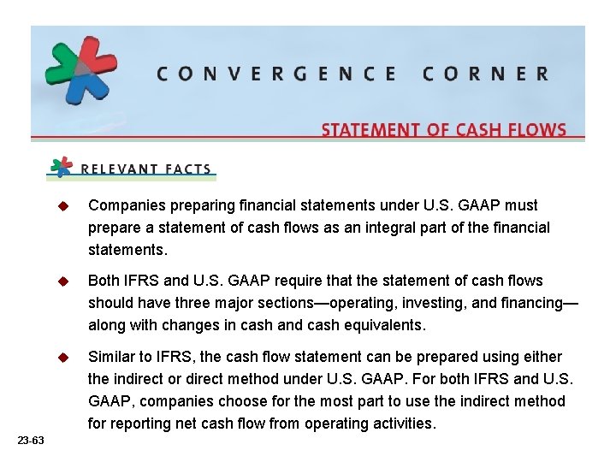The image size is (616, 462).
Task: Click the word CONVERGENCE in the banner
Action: (276, 74)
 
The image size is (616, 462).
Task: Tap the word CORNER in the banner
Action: (485, 74)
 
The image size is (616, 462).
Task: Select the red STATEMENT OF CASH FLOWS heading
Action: (443, 130)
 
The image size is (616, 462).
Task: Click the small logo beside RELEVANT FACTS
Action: (62, 166)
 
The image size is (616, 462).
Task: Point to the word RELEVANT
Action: (118, 169)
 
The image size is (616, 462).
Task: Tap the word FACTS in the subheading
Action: (187, 169)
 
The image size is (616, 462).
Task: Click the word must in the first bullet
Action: (521, 205)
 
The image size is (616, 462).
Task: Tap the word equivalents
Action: (382, 326)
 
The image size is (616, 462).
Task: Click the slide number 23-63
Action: (30, 440)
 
